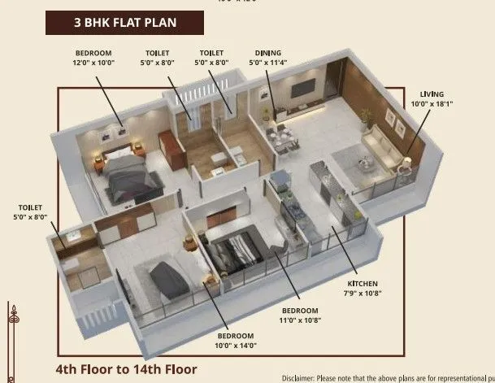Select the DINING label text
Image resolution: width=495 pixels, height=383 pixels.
268,51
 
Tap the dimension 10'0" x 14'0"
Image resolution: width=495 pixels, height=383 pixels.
236,346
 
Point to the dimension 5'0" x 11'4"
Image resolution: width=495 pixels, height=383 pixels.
268,61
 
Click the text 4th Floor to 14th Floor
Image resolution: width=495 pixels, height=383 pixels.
126,368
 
